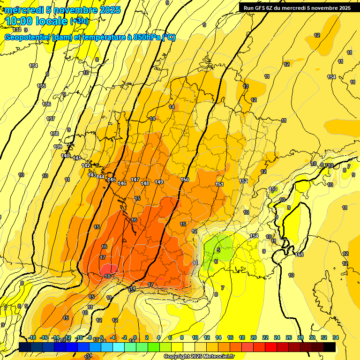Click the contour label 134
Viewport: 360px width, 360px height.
tap(33, 66)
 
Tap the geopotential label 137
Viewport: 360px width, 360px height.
tap(51, 119)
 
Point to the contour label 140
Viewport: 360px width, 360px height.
tap(65, 156)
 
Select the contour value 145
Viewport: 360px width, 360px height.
tap(112, 180)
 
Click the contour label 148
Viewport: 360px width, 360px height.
tap(145, 183)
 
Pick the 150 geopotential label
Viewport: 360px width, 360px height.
tap(185, 180)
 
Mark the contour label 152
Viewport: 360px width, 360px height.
tap(243, 181)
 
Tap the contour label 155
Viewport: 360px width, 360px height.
tap(300, 255)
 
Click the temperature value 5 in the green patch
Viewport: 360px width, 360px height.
tap(218, 250)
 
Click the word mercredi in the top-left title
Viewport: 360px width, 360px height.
tap(23, 10)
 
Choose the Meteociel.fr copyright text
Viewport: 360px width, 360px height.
tap(198, 357)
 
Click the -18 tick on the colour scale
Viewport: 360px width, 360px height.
tap(32, 337)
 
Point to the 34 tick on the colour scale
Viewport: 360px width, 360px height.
tap(335, 337)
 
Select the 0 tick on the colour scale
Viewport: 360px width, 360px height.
tap(135, 337)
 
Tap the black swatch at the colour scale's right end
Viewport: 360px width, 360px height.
tap(329, 347)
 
